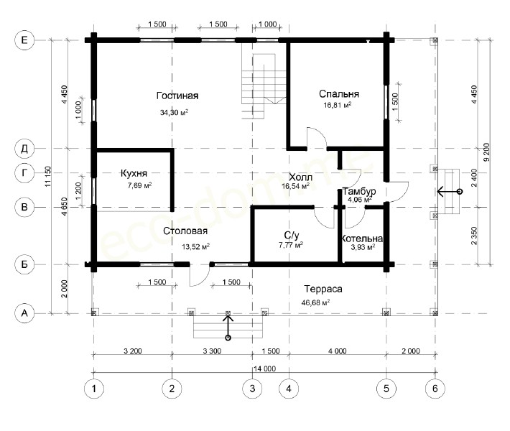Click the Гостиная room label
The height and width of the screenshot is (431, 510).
177,96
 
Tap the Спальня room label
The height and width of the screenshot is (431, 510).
339,94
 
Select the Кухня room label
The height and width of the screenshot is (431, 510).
134,173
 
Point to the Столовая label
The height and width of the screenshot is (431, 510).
185,231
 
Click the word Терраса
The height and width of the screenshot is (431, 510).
323,289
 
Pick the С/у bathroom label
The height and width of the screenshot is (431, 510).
292,235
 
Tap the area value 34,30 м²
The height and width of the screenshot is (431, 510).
174,113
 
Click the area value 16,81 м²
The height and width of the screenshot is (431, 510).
338,105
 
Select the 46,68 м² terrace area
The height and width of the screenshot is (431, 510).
315,302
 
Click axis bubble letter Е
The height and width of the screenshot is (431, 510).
24,40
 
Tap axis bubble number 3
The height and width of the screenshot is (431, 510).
252,389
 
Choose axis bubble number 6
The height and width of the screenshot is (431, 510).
435,389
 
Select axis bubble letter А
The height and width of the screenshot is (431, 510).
24,313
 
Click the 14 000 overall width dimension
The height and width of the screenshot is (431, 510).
264,369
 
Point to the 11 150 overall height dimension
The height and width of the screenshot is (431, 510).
48,177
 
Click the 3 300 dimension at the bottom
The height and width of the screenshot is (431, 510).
212,351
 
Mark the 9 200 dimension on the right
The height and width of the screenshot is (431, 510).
486,152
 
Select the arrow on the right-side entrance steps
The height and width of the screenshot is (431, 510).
449,192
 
